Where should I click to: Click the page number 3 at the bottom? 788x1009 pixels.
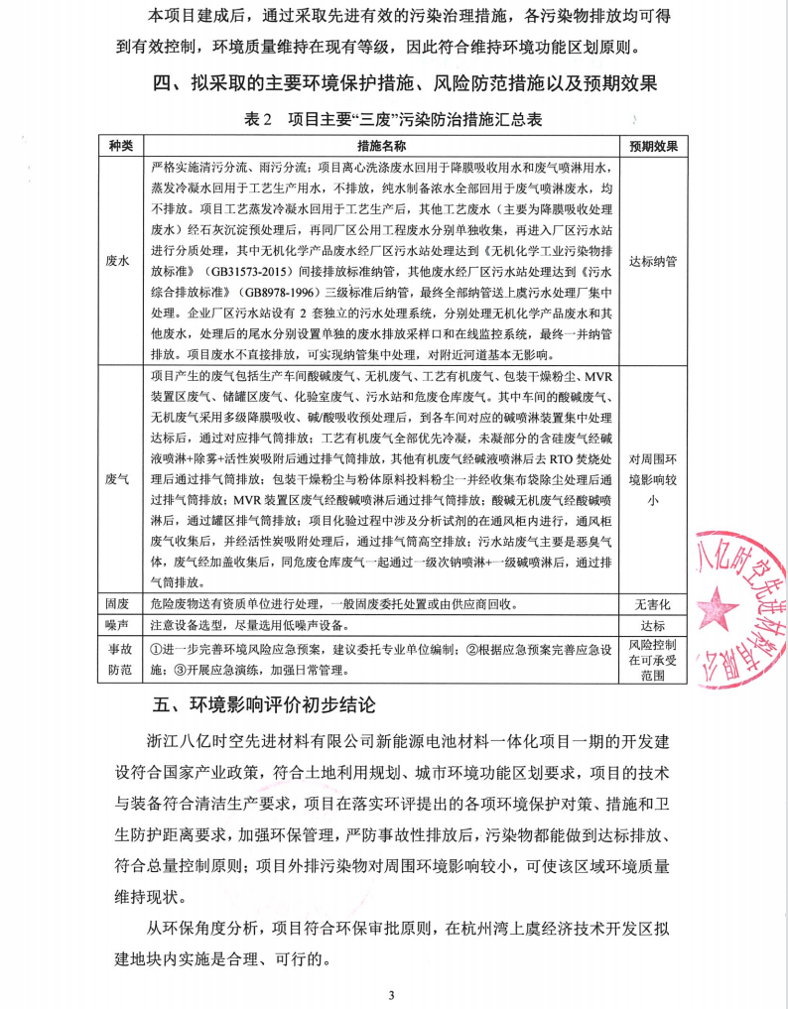393,995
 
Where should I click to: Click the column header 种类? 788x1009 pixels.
119,146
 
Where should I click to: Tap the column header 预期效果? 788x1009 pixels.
653,146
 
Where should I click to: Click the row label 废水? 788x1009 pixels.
119,261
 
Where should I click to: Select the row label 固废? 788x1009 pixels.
119,603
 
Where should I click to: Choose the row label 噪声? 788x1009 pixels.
119,625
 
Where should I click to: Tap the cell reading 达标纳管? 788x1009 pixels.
653,261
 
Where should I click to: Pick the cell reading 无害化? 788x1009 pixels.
653,603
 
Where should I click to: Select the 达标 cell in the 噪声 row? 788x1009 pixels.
653,625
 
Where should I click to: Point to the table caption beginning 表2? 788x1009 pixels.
393,119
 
